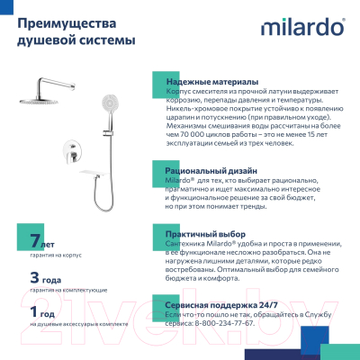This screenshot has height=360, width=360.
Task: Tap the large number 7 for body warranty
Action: click(35, 242)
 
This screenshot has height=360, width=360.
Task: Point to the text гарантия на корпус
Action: click(52, 256)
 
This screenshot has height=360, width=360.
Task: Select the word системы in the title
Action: click(107, 41)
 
